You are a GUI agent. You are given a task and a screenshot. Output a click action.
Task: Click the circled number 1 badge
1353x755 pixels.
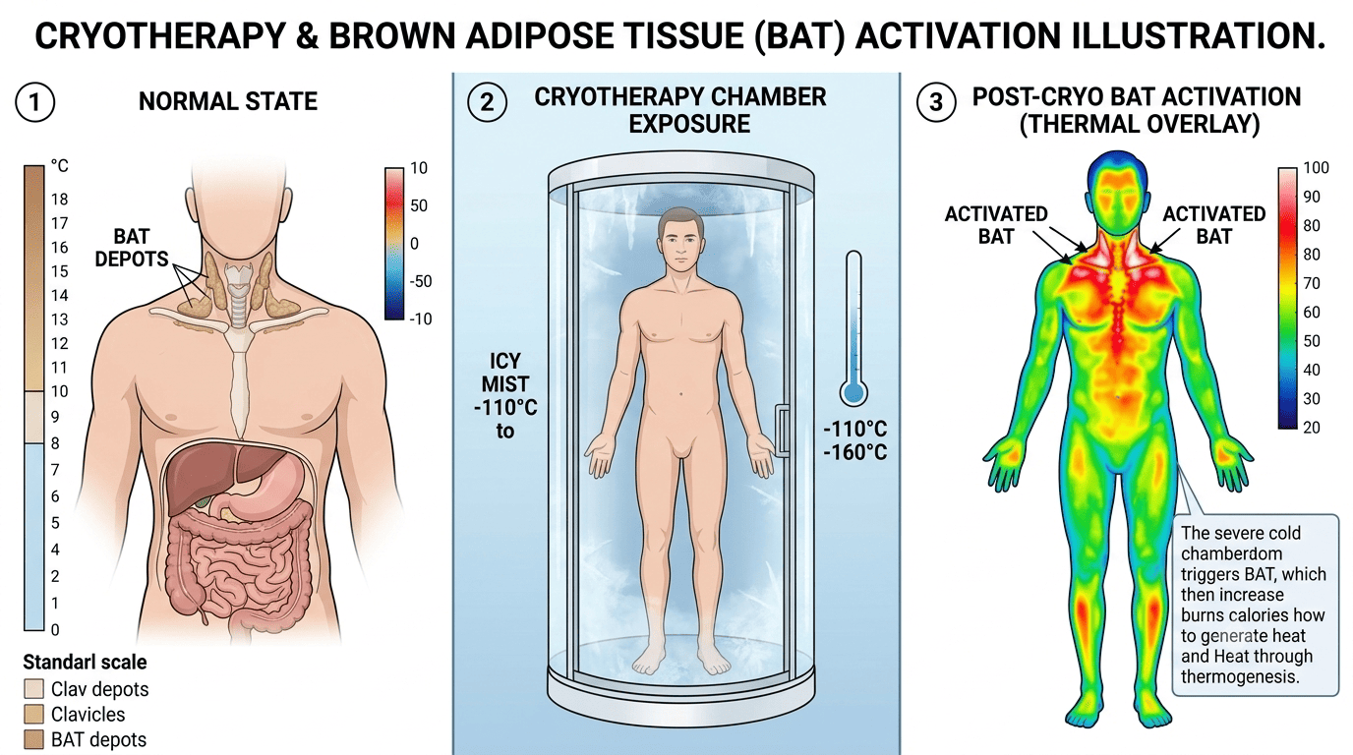click(35, 102)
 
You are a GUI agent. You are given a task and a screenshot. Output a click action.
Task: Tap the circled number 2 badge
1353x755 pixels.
click(487, 102)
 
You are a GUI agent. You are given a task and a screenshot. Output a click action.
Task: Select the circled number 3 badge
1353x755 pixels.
click(936, 102)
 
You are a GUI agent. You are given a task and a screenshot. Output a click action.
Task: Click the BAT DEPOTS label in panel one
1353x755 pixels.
click(132, 248)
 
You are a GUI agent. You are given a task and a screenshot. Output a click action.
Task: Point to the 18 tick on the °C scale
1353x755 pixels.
click(59, 200)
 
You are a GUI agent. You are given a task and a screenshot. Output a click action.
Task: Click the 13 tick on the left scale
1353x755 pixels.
click(59, 319)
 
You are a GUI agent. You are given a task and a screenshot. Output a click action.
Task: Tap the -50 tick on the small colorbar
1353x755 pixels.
click(421, 281)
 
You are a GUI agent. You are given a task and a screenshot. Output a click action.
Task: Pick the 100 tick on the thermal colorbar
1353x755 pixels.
click(1316, 168)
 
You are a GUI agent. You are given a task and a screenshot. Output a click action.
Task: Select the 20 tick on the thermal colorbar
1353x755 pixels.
click(1312, 428)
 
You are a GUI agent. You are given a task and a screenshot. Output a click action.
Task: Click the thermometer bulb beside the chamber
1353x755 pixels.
click(853, 392)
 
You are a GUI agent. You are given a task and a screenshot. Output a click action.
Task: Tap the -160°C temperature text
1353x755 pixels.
click(855, 452)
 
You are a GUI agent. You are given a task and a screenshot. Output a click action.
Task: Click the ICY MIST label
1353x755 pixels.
click(505, 373)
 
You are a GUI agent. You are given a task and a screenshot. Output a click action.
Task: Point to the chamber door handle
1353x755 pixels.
click(783, 430)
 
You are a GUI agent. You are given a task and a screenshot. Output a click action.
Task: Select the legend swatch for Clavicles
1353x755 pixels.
click(33, 715)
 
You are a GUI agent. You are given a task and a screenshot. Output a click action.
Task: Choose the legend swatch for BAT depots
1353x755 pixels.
click(33, 740)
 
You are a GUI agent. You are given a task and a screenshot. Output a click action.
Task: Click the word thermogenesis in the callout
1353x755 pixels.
click(1240, 677)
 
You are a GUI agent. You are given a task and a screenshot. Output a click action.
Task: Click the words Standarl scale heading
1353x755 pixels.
click(85, 662)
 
